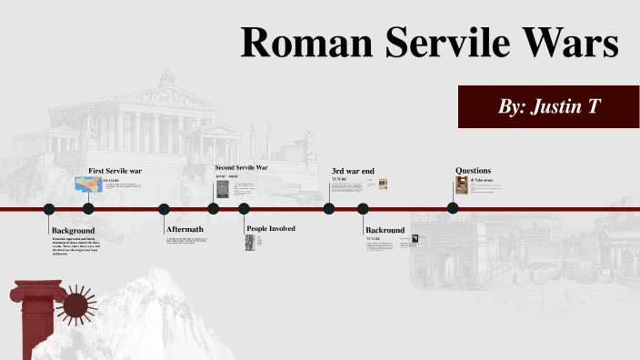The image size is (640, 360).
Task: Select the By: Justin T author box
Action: [548, 106]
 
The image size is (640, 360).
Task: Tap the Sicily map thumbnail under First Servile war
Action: [88, 185]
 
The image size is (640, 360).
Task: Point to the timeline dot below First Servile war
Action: [88, 209]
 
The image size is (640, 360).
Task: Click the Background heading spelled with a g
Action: [73, 231]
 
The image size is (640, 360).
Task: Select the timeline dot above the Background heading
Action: [49, 209]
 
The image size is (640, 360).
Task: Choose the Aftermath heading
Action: [184, 229]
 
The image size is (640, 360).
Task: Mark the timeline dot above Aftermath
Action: [164, 209]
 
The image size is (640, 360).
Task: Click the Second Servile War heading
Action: [241, 168]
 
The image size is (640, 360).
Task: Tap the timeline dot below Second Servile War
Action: [214, 209]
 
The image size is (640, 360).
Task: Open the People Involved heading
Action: [270, 228]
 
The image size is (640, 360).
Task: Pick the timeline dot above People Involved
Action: [244, 209]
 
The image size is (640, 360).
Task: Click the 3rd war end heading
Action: [353, 170]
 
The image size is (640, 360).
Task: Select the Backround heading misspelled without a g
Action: [385, 230]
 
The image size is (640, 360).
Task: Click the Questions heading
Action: [473, 170]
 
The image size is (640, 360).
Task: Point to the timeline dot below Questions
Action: [453, 208]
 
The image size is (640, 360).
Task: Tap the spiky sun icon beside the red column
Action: [76, 305]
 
